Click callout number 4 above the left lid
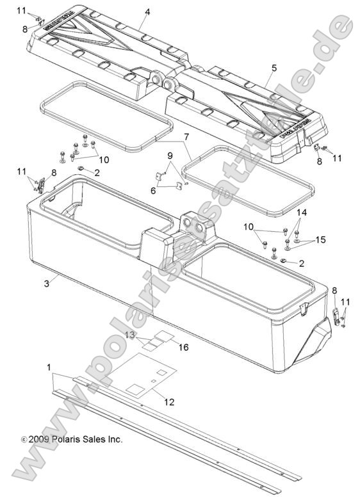(x=147, y=12)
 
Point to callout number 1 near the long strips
(x=49, y=367)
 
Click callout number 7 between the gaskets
(x=186, y=136)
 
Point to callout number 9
(x=170, y=156)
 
